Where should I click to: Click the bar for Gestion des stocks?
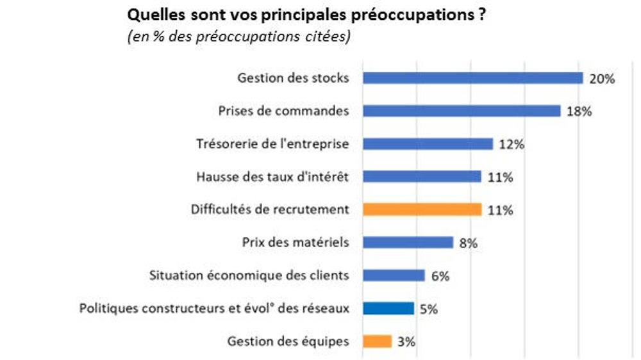pyautogui.click(x=472, y=78)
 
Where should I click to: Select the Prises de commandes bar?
pyautogui.click(x=462, y=111)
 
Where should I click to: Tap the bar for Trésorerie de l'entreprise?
pyautogui.click(x=428, y=143)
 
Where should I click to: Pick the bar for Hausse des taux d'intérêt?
pyautogui.click(x=422, y=176)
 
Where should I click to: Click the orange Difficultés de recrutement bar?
pyautogui.click(x=422, y=209)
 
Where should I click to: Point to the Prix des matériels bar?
pyautogui.click(x=408, y=242)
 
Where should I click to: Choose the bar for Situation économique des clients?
pyautogui.click(x=394, y=275)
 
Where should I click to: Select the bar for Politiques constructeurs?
pyautogui.click(x=388, y=308)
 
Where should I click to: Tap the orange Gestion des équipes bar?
pyautogui.click(x=377, y=341)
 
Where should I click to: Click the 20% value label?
pyautogui.click(x=602, y=79)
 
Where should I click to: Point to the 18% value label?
pyautogui.click(x=579, y=112)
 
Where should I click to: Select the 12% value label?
pyautogui.click(x=512, y=145)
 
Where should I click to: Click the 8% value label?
pyautogui.click(x=468, y=243)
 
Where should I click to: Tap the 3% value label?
pyautogui.click(x=406, y=342)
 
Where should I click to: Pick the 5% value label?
pyautogui.click(x=428, y=309)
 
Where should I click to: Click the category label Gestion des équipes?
pyautogui.click(x=288, y=341)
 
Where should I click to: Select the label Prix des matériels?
pyautogui.click(x=296, y=242)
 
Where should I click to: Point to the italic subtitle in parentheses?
pyautogui.click(x=238, y=37)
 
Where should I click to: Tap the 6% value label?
pyautogui.click(x=440, y=277)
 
